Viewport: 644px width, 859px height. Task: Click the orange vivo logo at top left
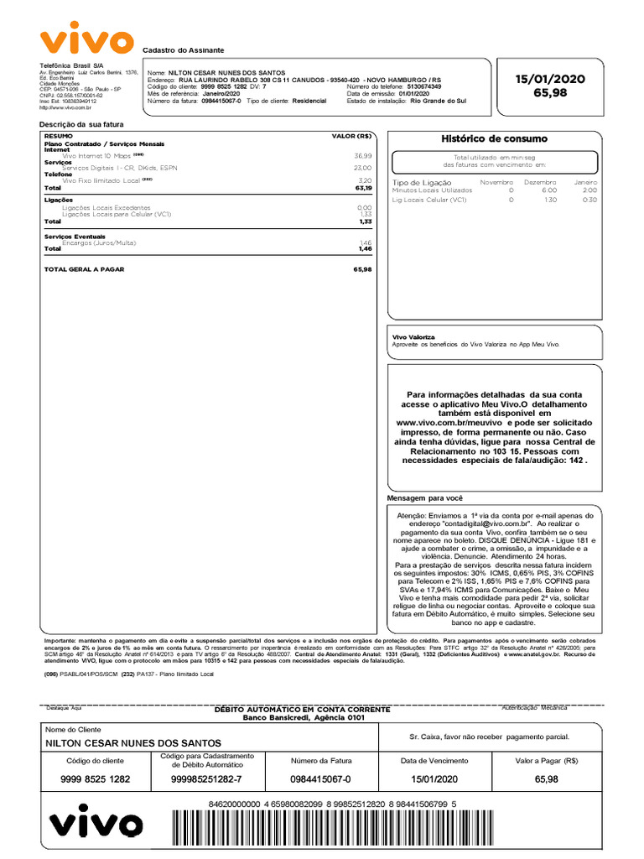86,41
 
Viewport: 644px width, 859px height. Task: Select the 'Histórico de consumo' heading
494,138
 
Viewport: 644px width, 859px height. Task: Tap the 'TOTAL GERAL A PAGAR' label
84,269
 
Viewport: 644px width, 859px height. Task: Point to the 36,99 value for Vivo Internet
362,156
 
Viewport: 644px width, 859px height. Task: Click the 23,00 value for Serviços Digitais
362,168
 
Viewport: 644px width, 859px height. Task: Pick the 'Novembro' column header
496,181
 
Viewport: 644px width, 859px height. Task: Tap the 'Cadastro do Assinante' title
184,51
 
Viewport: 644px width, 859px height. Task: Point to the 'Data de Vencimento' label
434,760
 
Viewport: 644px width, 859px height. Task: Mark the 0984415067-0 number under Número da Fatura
321,779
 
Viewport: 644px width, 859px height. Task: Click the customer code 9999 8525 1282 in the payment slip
96,779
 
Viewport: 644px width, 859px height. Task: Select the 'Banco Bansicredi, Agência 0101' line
304,718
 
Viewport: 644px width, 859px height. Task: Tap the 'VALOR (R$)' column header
351,135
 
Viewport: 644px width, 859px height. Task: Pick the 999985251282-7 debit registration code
200,779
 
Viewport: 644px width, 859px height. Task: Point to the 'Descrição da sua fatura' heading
82,124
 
